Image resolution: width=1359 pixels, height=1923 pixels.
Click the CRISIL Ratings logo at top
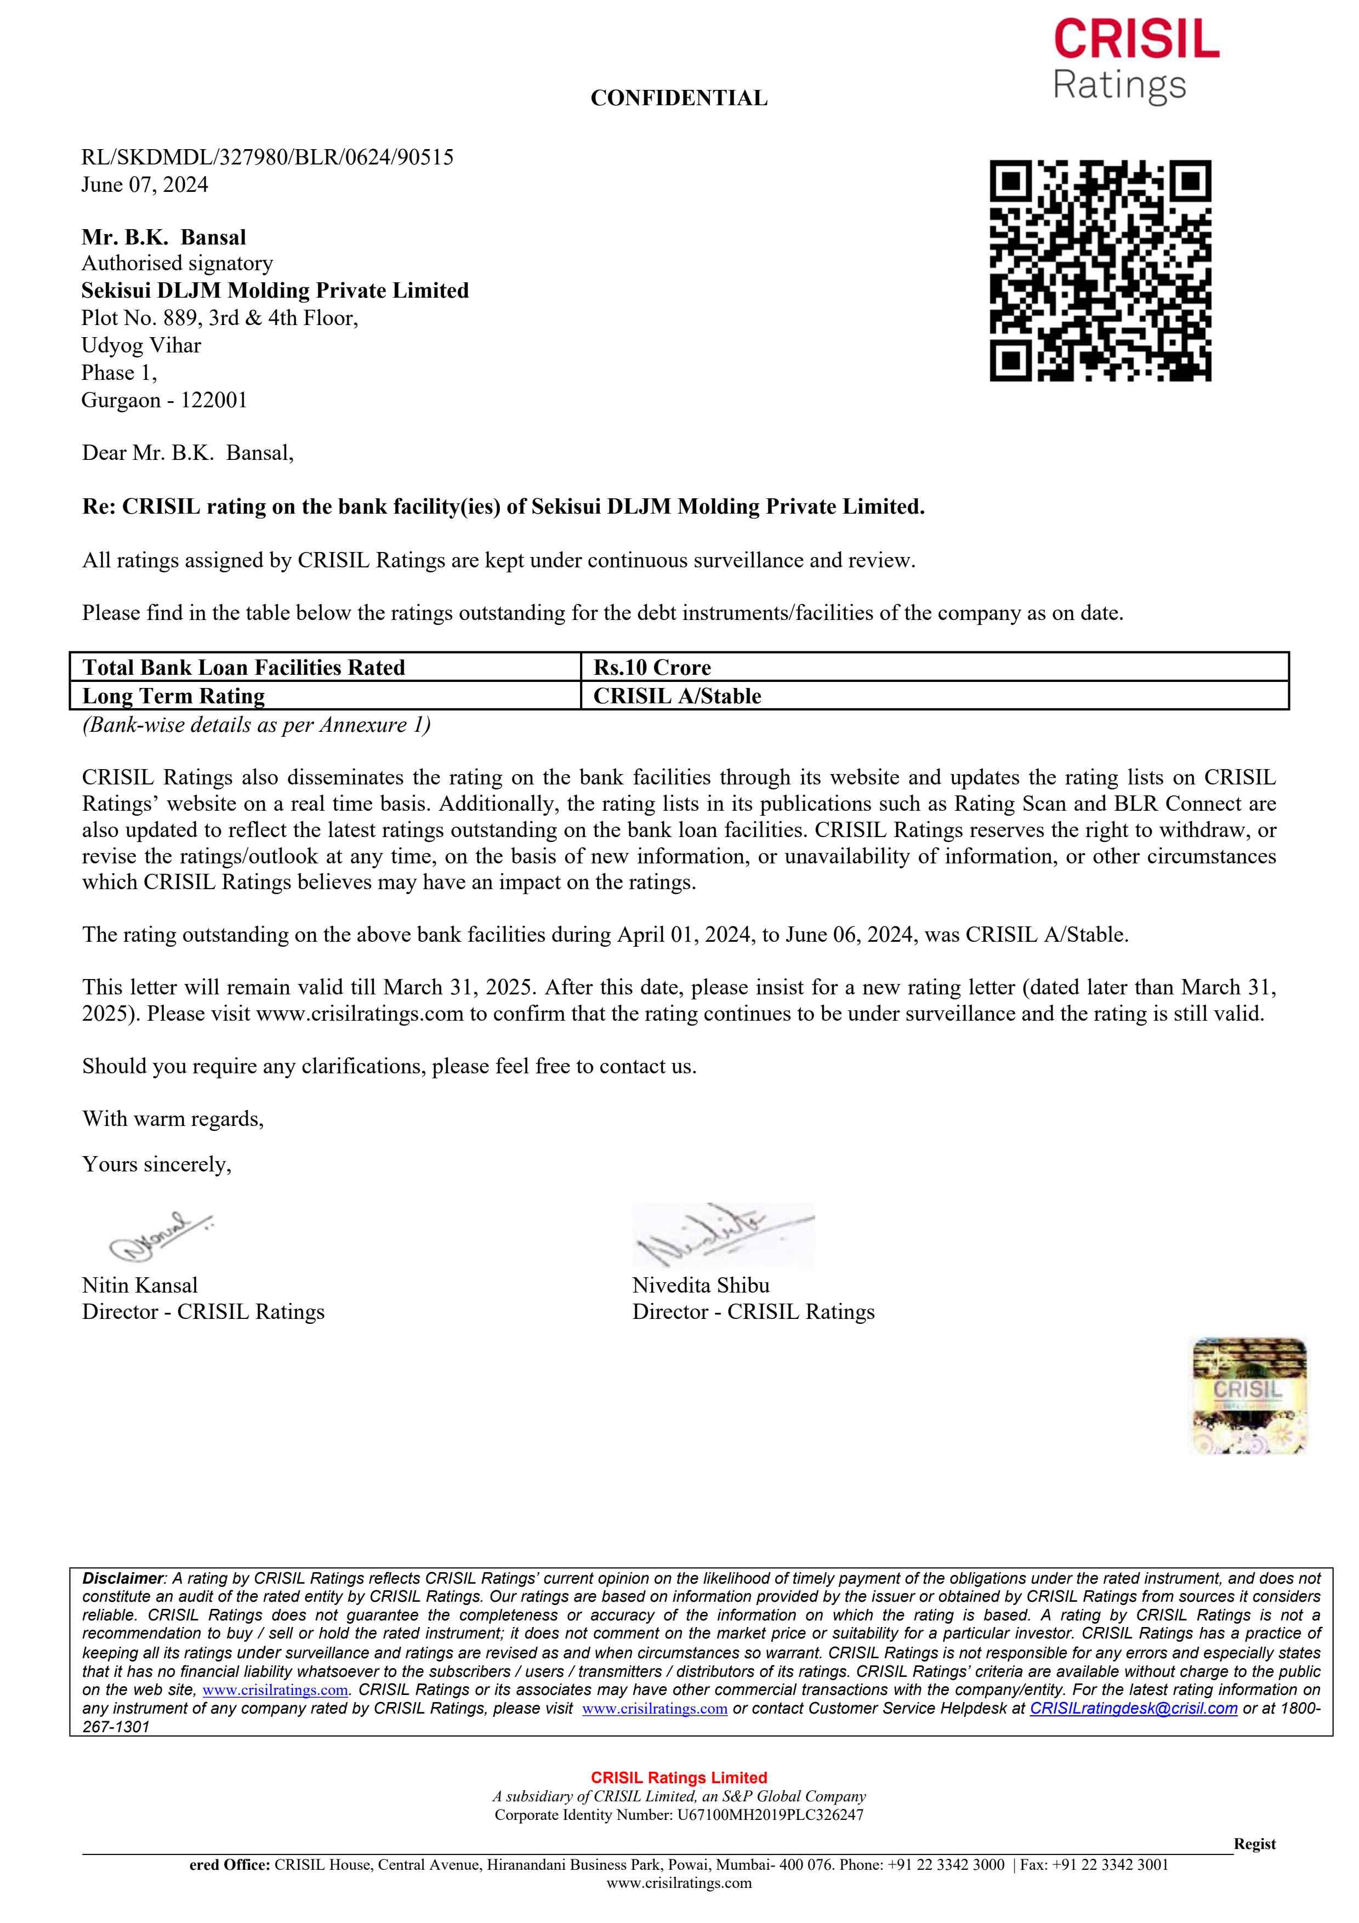(1135, 60)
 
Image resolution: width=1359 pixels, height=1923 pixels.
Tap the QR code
(1100, 271)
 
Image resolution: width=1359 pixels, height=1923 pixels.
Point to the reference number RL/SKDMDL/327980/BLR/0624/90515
(267, 157)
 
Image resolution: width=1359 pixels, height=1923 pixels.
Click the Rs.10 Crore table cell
(652, 668)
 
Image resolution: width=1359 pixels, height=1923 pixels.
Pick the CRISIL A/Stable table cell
(678, 696)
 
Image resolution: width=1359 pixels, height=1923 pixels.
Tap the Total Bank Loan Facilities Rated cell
(243, 668)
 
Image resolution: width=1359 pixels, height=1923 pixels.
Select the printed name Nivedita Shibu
(700, 1285)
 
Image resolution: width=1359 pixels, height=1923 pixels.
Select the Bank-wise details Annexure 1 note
(256, 725)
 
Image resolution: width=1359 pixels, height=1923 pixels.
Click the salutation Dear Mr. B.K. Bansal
(187, 453)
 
